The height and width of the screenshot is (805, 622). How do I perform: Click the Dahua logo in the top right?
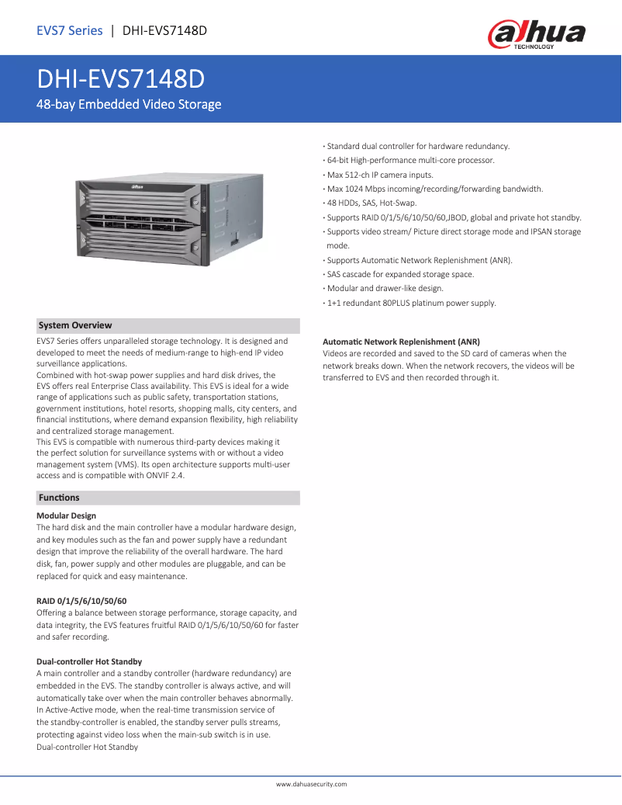pyautogui.click(x=536, y=35)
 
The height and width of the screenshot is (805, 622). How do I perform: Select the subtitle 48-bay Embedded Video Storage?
pyautogui.click(x=130, y=104)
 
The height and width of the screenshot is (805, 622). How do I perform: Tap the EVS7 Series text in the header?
pyautogui.click(x=70, y=31)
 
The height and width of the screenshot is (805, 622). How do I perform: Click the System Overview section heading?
pyautogui.click(x=75, y=326)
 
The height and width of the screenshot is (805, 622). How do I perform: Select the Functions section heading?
pyautogui.click(x=59, y=498)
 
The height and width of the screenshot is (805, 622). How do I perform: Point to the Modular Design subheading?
pyautogui.click(x=67, y=515)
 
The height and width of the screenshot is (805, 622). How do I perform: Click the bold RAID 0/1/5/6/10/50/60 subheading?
pyautogui.click(x=81, y=601)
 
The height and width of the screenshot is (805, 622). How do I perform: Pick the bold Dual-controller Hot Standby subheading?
pyautogui.click(x=89, y=661)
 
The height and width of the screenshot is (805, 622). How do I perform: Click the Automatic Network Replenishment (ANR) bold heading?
pyautogui.click(x=401, y=342)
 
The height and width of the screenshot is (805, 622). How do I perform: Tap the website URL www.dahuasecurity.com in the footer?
pyautogui.click(x=311, y=785)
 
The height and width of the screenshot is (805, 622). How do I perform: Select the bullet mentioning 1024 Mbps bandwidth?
pyautogui.click(x=434, y=189)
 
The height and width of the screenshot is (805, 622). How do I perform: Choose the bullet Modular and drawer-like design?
pyautogui.click(x=385, y=288)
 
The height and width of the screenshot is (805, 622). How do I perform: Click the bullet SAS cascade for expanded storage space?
pyautogui.click(x=400, y=274)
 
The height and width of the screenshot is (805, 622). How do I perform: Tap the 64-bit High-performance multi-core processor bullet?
pyautogui.click(x=410, y=160)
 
